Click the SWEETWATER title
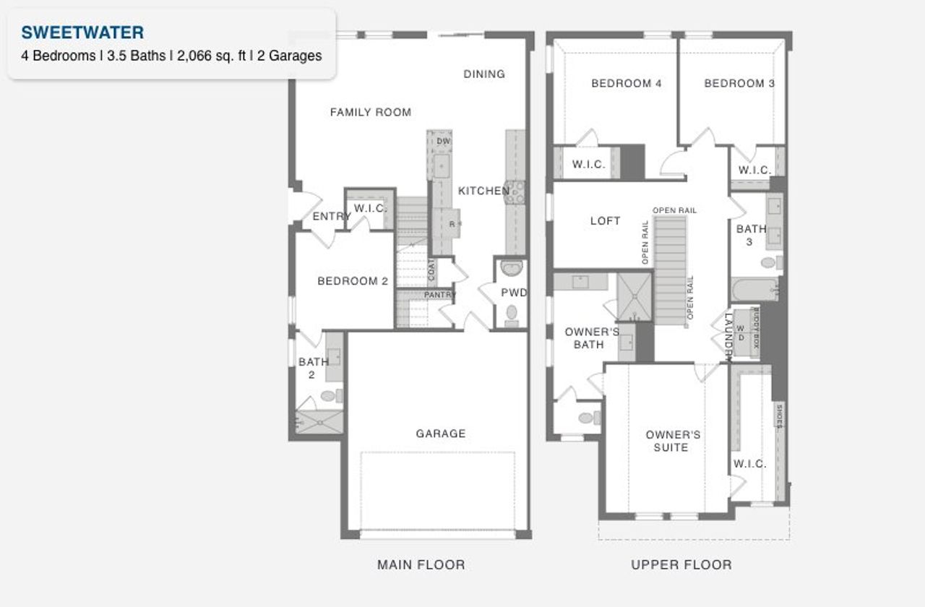(82, 33)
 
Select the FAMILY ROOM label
(370, 112)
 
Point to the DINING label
(483, 74)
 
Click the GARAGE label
(440, 434)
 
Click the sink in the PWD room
(511, 268)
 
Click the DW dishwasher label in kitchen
(444, 141)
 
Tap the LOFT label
(605, 221)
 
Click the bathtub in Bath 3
(754, 290)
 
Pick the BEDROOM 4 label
(626, 83)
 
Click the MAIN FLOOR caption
(421, 564)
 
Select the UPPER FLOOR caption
(681, 564)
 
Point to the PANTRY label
(439, 295)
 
